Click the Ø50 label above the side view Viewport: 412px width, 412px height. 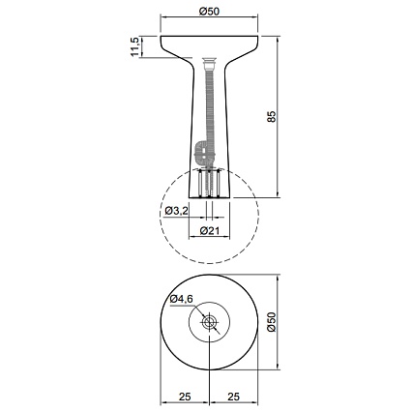click(209, 12)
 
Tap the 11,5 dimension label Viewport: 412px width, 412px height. click(134, 47)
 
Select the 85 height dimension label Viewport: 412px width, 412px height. click(272, 116)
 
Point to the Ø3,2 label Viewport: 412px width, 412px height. click(176, 211)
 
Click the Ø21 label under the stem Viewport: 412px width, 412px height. click(210, 230)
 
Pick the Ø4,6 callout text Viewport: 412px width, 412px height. click(182, 299)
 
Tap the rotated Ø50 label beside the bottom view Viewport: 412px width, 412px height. click(272, 322)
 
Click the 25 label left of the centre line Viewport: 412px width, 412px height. click(185, 397)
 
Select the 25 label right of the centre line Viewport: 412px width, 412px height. click(233, 397)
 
